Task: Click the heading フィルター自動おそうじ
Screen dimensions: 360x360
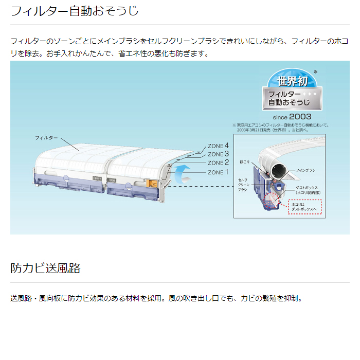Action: (x=75, y=11)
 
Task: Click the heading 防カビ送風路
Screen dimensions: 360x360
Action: (x=45, y=268)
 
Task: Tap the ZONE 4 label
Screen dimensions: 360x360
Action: (x=218, y=146)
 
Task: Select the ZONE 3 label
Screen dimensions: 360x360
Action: (x=218, y=154)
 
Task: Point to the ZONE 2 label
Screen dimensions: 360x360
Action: (x=218, y=163)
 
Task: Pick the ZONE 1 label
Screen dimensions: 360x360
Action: (x=218, y=172)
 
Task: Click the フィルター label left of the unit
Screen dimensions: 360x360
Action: (x=46, y=138)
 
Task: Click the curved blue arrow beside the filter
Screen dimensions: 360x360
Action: (x=181, y=174)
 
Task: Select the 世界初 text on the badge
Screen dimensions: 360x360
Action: (x=293, y=81)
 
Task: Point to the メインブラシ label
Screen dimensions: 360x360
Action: (x=306, y=170)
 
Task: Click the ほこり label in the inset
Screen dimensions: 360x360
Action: (x=245, y=162)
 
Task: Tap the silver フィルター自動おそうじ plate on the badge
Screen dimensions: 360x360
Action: (x=293, y=99)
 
